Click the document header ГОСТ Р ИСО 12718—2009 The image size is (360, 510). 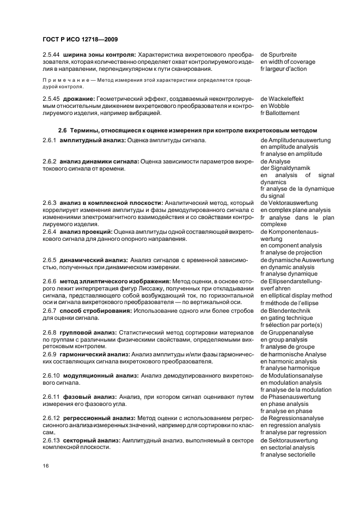pyautogui.click(x=80, y=39)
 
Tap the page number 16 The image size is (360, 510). pyautogui.click(x=46, y=466)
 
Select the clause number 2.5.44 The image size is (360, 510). pyautogui.click(x=51, y=54)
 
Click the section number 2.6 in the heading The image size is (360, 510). pyautogui.click(x=63, y=130)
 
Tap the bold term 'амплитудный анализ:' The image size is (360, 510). pyautogui.click(x=93, y=140)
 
